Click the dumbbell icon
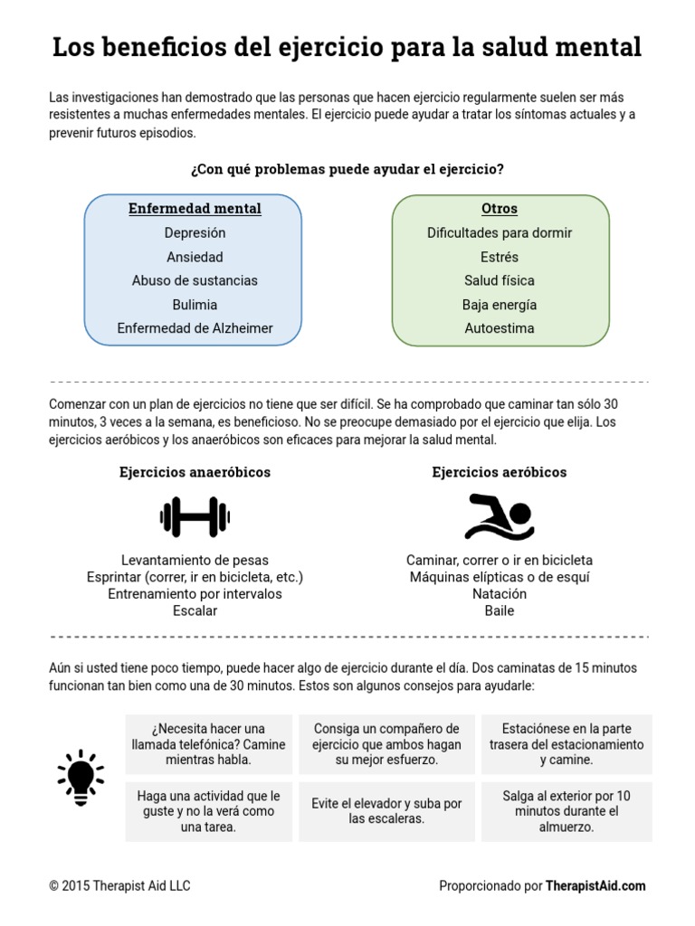tap(195, 517)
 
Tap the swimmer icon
tap(499, 517)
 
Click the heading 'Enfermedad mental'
tap(195, 209)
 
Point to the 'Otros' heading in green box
tap(500, 209)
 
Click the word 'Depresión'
tap(195, 233)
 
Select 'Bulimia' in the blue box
tap(195, 305)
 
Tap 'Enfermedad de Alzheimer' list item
tap(195, 328)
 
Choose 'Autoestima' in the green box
tap(500, 328)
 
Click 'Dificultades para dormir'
tap(500, 233)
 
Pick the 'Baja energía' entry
tap(500, 305)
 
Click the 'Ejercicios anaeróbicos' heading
tap(195, 472)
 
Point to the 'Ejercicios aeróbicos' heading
tap(500, 472)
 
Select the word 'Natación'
tap(500, 594)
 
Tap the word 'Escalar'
tap(195, 610)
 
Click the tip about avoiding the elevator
tap(386, 810)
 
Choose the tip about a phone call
tap(208, 744)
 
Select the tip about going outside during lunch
tap(566, 810)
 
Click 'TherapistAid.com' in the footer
tap(595, 886)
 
